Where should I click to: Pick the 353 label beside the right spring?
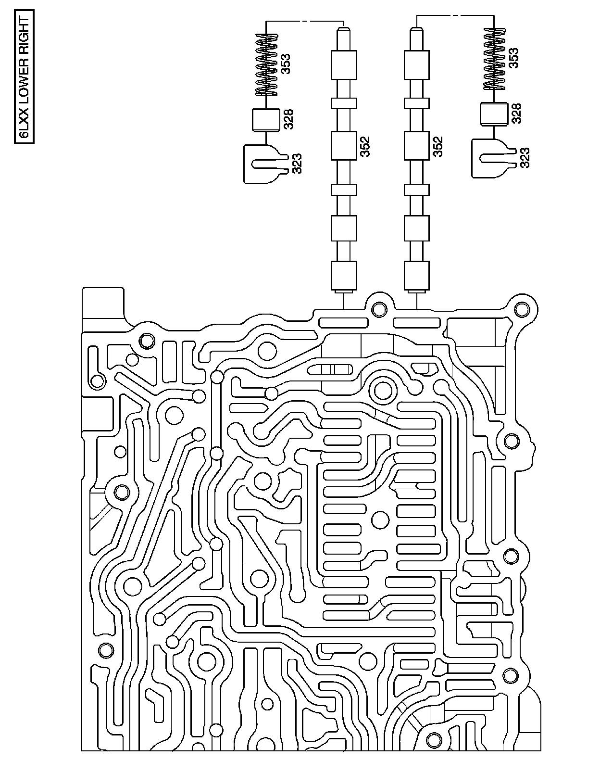pos(514,59)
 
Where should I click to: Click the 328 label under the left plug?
pos(288,119)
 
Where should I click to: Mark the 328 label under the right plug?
pos(516,114)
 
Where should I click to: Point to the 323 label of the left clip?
pos(296,163)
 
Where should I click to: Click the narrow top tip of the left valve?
pos(343,36)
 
